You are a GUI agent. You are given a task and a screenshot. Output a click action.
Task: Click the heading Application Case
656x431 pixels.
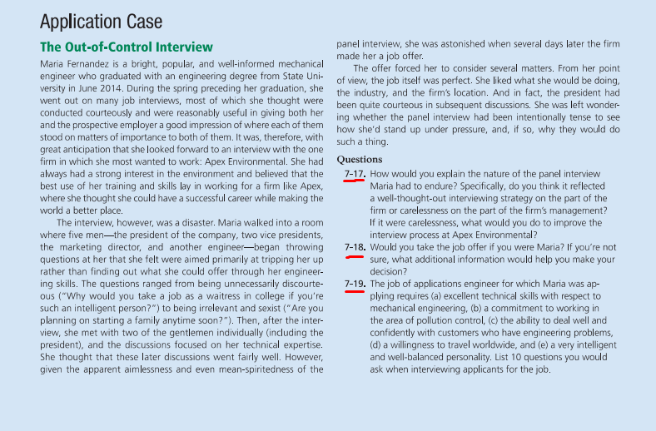click(101, 21)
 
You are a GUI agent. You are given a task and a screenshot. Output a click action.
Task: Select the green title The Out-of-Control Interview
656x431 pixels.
click(127, 47)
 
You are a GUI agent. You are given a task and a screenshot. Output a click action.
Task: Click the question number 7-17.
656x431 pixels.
click(355, 174)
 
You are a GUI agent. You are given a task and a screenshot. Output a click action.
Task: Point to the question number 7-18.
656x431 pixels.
click(355, 247)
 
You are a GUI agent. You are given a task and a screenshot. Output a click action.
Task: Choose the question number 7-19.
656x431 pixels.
click(355, 284)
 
